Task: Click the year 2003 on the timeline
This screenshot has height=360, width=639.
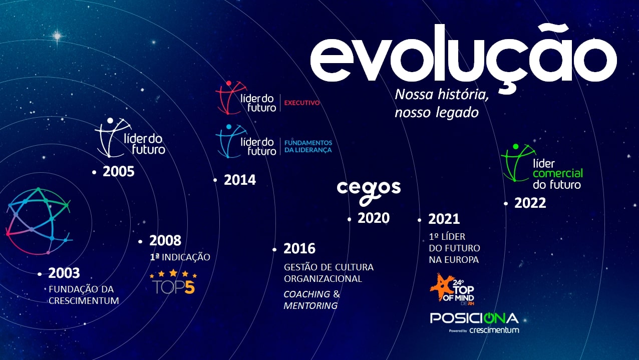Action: (64, 273)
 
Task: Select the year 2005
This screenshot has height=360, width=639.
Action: (118, 172)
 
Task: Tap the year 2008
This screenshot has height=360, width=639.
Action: (165, 241)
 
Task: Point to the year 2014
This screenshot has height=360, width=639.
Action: (240, 180)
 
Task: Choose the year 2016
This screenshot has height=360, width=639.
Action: (299, 249)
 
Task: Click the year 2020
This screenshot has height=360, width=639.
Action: (374, 218)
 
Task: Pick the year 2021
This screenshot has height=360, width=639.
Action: (444, 219)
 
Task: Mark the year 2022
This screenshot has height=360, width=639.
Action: (530, 203)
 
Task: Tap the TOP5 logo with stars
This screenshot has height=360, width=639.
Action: (173, 281)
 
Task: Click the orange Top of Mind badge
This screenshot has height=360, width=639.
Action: (452, 289)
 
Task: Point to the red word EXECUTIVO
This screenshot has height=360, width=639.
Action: (302, 103)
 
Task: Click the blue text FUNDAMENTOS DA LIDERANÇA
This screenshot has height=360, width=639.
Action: (308, 146)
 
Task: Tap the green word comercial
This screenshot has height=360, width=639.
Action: (558, 174)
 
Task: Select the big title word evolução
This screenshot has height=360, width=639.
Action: (464, 57)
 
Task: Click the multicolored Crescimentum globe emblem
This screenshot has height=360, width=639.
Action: (39, 221)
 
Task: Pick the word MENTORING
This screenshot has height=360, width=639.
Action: (310, 306)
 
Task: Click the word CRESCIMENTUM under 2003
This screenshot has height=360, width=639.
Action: (84, 300)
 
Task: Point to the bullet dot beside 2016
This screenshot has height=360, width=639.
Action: (274, 250)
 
